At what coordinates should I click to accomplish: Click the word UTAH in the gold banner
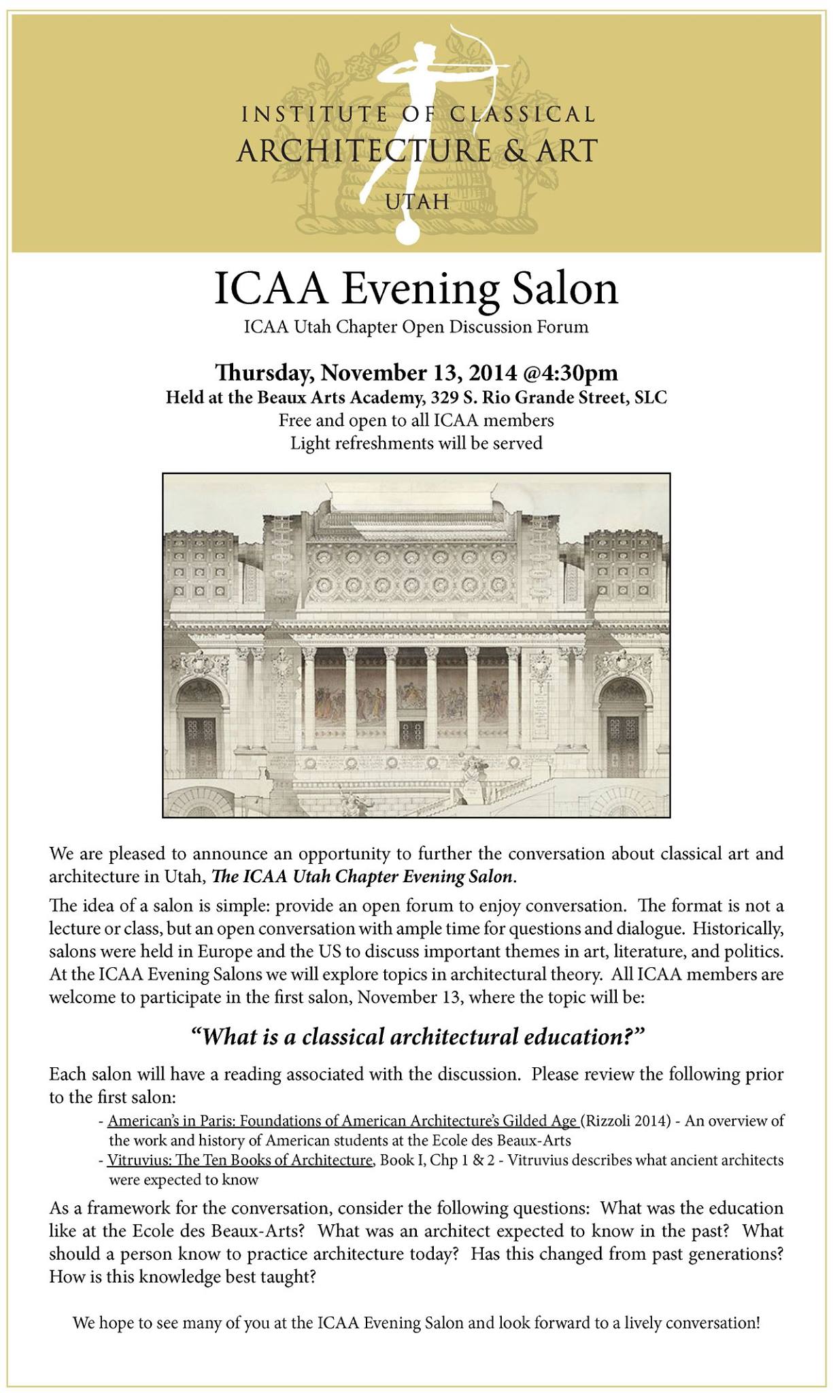point(416,201)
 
